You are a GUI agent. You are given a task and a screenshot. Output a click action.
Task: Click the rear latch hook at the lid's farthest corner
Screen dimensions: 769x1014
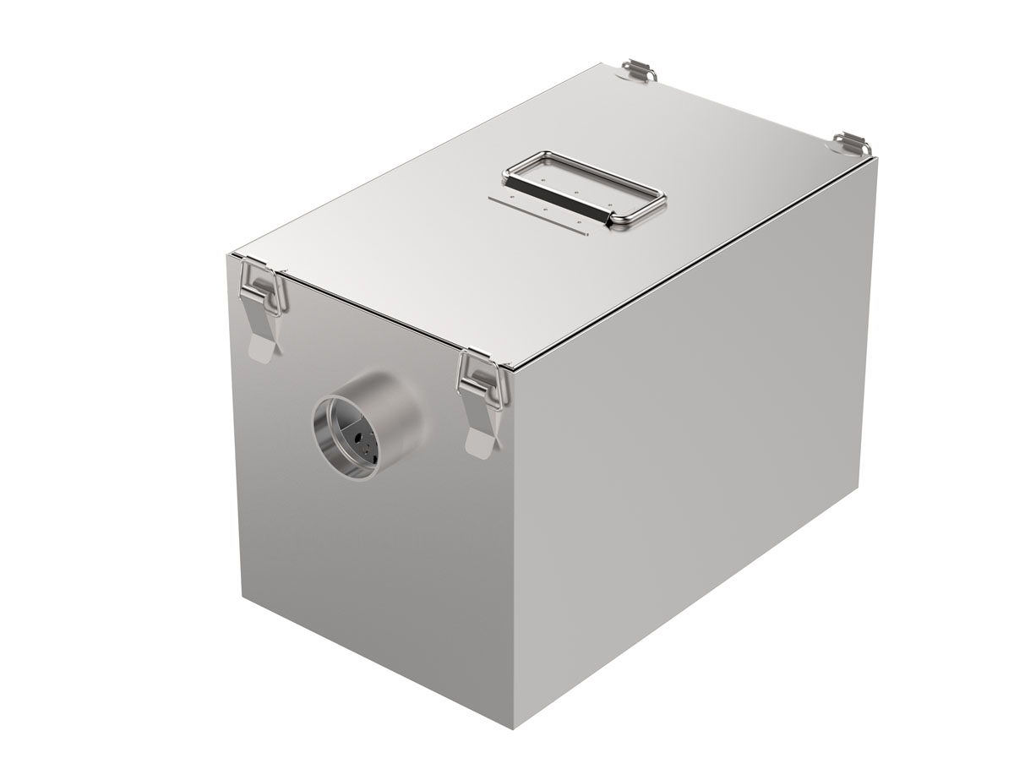click(641, 70)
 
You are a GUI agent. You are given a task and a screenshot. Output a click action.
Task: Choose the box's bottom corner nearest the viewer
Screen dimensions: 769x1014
click(516, 727)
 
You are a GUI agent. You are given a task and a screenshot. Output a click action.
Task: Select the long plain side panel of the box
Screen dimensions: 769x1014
click(693, 439)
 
